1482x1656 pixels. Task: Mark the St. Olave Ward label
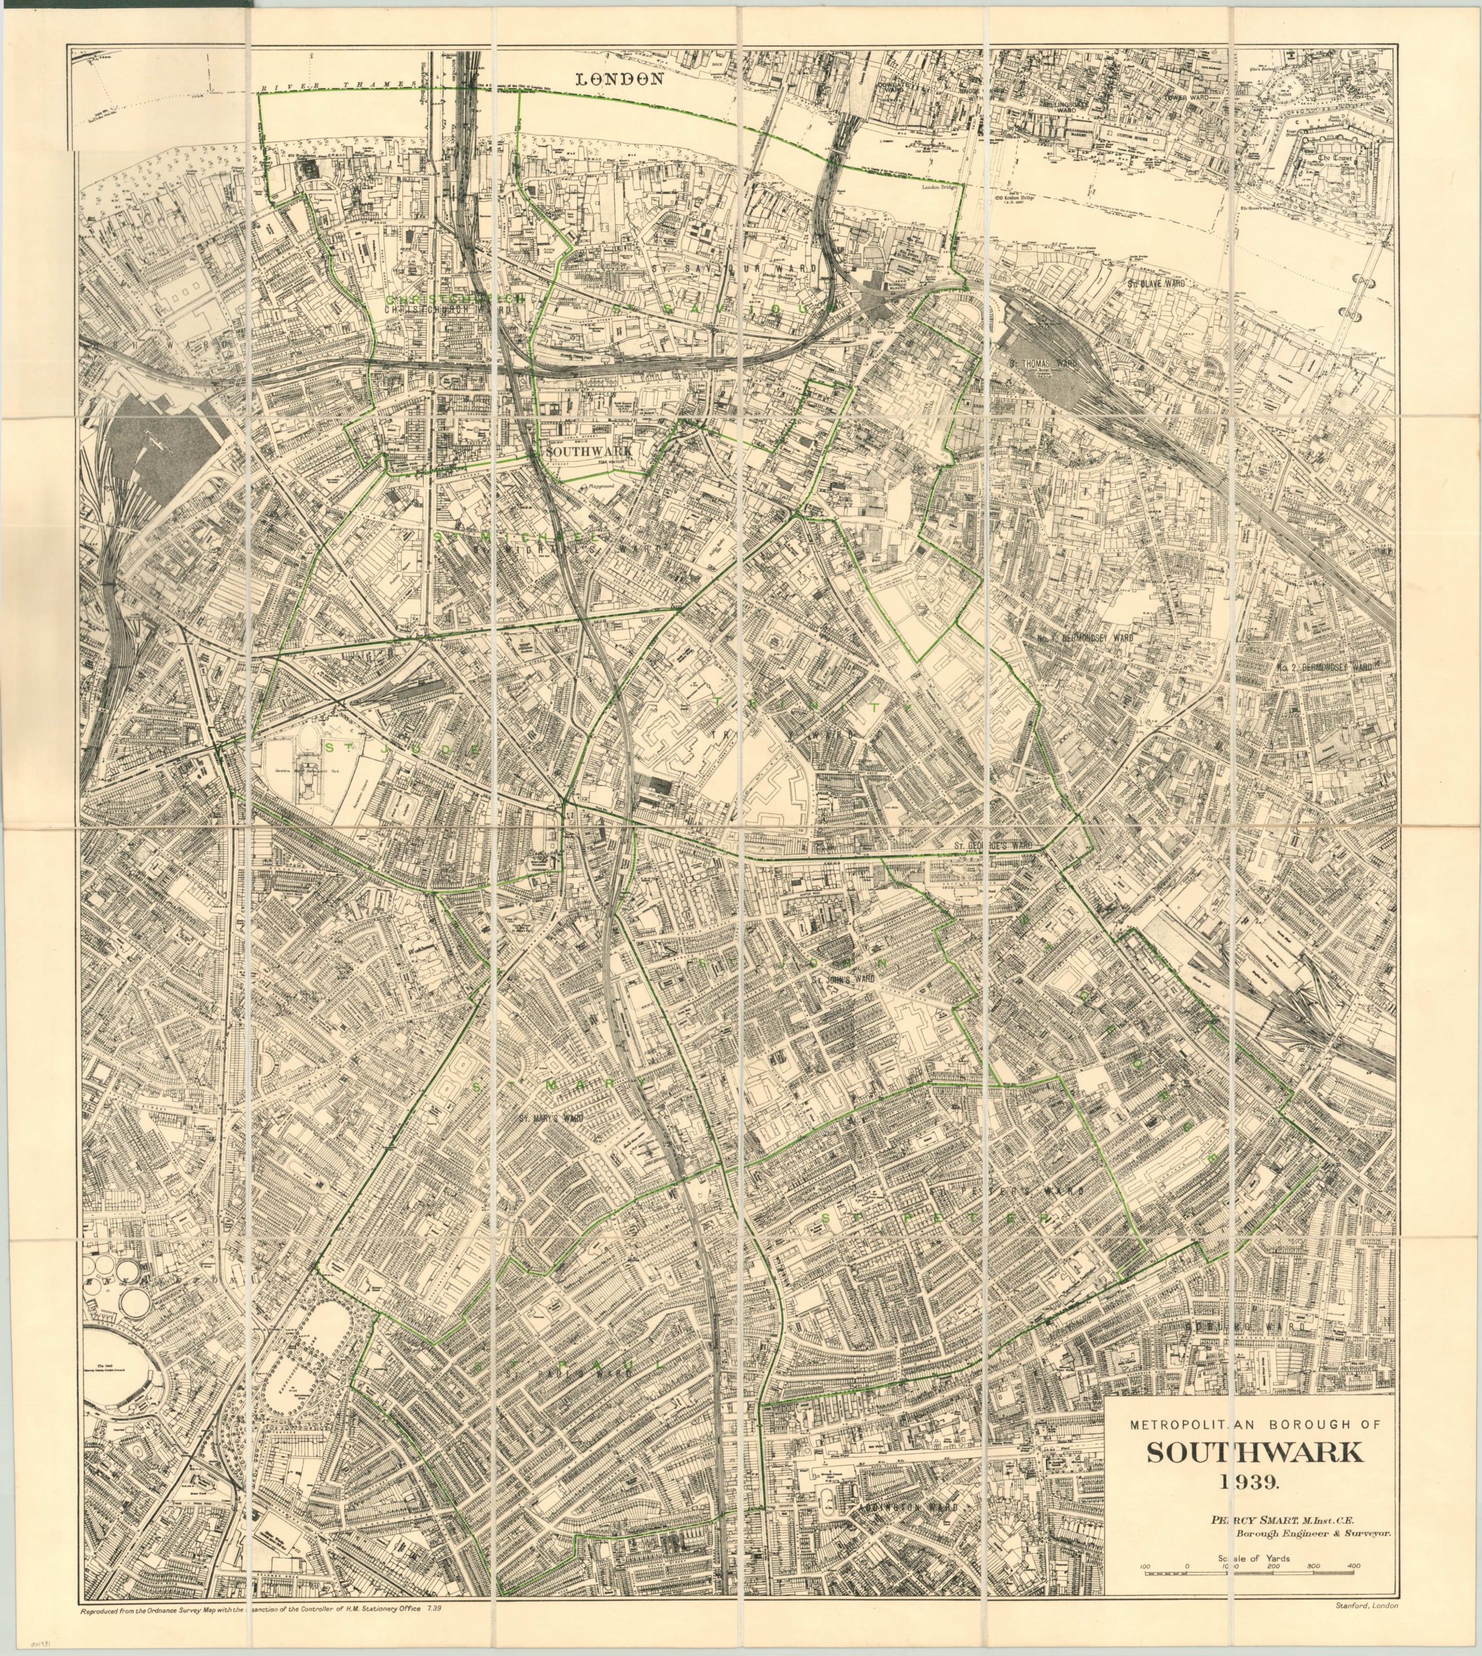[1155, 283]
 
